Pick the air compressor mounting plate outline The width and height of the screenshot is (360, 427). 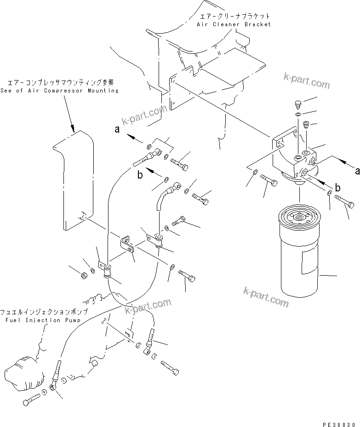(74, 179)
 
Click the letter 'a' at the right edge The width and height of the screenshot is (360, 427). (356, 170)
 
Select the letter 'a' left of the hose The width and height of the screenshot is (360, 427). (117, 130)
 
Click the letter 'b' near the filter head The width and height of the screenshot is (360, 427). (338, 187)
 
